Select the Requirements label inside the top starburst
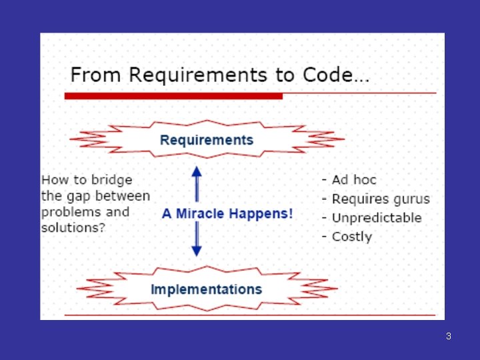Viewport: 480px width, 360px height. tap(207, 140)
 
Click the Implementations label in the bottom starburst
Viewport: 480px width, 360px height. tap(206, 289)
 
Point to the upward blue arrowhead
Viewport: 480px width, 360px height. tap(197, 171)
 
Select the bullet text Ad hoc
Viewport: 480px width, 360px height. tap(354, 180)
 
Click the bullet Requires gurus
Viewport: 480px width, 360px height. tap(381, 199)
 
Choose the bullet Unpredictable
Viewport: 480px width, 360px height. tap(377, 218)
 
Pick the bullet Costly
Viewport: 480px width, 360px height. tap(352, 237)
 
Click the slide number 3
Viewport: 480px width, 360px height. tap(449, 336)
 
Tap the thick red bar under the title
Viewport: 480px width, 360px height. tap(173, 96)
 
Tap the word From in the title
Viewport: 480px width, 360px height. tap(87, 75)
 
